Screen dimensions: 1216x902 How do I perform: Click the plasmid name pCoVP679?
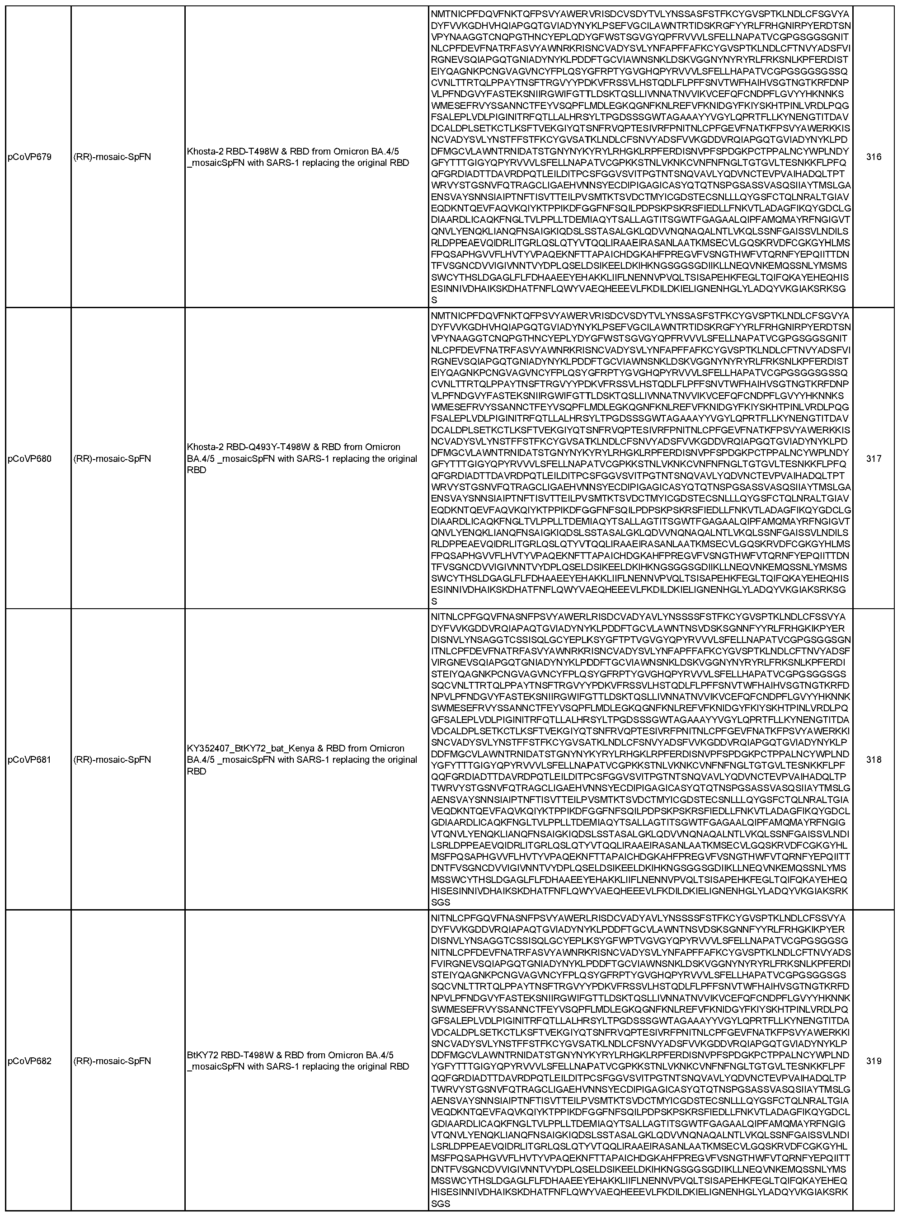click(x=29, y=157)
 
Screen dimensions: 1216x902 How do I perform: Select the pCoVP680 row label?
click(x=29, y=459)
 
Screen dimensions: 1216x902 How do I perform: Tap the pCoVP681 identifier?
click(x=29, y=760)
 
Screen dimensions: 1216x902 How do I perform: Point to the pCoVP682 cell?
click(x=29, y=1061)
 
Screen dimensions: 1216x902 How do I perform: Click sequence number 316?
click(x=874, y=157)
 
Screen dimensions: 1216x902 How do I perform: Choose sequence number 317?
click(x=874, y=459)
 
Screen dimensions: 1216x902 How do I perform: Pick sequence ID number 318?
click(x=874, y=760)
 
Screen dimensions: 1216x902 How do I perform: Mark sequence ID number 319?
click(x=874, y=1061)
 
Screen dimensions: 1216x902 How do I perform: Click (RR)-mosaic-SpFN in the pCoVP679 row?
click(x=112, y=157)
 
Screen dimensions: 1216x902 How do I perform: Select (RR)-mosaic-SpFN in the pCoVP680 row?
click(x=112, y=459)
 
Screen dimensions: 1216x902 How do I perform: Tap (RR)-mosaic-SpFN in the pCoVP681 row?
click(x=112, y=760)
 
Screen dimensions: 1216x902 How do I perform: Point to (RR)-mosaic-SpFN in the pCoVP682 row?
click(x=112, y=1061)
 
